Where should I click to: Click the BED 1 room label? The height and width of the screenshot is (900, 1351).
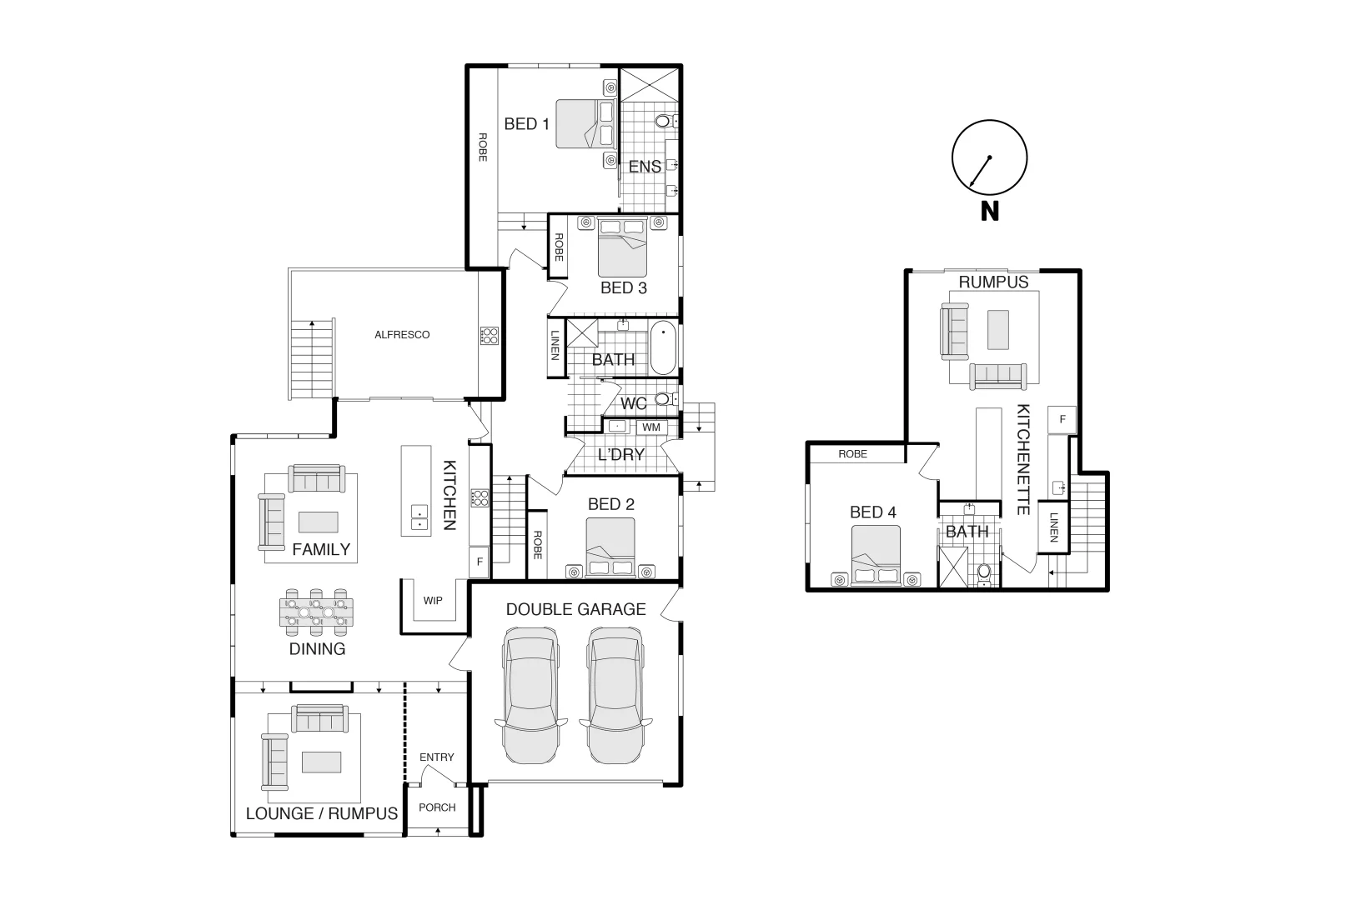click(x=526, y=124)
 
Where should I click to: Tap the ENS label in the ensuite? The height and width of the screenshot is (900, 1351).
click(x=645, y=167)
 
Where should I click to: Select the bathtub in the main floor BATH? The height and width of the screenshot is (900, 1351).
click(x=664, y=348)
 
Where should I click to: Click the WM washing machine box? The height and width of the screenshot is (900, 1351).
click(x=651, y=427)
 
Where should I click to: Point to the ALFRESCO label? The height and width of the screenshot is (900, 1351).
click(x=402, y=335)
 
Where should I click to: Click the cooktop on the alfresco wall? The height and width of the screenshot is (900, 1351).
click(x=489, y=336)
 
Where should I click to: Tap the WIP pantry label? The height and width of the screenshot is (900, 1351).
click(x=433, y=601)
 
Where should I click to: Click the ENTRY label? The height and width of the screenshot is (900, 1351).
click(x=437, y=757)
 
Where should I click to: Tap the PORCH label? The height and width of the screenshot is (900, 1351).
click(x=437, y=807)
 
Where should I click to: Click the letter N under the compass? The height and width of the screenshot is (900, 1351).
click(x=989, y=212)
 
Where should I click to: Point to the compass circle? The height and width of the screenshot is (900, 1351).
click(x=989, y=157)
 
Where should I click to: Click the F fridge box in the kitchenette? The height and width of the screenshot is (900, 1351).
click(x=1062, y=419)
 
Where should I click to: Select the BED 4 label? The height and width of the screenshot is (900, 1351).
click(x=872, y=512)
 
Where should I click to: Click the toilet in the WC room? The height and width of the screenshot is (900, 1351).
click(x=665, y=400)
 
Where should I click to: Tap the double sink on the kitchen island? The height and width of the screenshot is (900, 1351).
click(x=419, y=518)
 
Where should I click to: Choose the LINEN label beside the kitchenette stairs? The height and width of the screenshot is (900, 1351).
click(x=1053, y=527)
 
